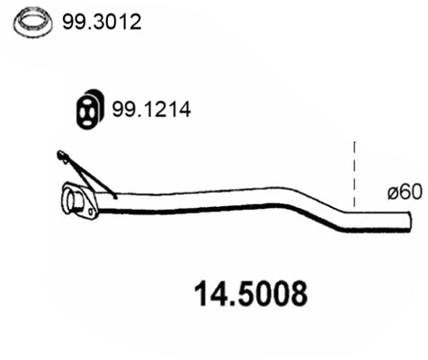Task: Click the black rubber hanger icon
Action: click(x=87, y=109)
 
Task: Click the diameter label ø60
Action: click(x=405, y=192)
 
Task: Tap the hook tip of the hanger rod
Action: click(x=60, y=157)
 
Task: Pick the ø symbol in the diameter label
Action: click(x=392, y=192)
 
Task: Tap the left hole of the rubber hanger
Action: click(x=81, y=110)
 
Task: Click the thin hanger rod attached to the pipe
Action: click(x=90, y=175)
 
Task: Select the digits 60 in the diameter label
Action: click(x=410, y=192)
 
